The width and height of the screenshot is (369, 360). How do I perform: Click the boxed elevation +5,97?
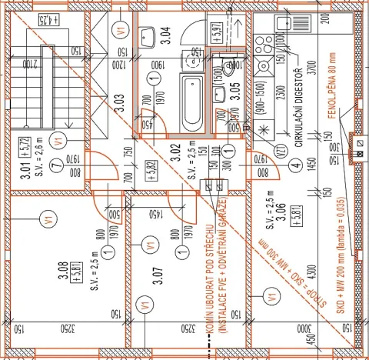[x=218, y=31]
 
